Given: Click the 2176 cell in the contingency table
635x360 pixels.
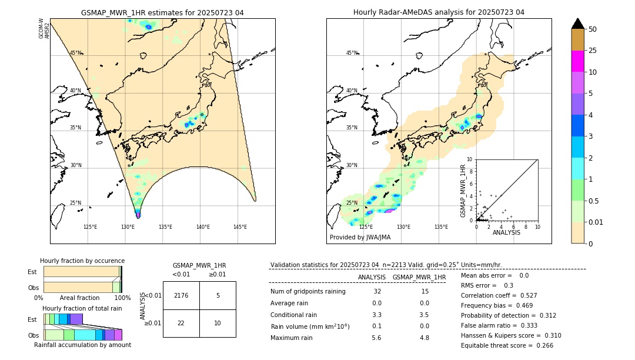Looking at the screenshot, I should coord(181,295).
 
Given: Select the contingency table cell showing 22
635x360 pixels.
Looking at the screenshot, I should coord(181,323).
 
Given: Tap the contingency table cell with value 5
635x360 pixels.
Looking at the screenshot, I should coord(218,295).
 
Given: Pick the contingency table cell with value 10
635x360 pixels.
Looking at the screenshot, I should coord(218,323).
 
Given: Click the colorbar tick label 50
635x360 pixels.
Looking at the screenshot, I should coord(593,29).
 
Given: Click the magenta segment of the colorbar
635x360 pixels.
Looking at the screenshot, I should coord(577,61).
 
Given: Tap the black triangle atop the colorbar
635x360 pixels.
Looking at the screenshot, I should coord(577,24).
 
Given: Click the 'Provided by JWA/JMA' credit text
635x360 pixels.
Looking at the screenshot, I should coord(360,237).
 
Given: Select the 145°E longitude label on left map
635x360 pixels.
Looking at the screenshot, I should coord(240,227).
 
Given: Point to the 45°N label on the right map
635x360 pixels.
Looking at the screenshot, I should coord(352,53).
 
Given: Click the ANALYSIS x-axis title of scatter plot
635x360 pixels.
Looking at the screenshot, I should coord(506,232).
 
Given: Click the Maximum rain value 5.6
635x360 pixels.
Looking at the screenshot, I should coord(376,338).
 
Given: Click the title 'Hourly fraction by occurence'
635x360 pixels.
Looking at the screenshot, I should coord(82,261).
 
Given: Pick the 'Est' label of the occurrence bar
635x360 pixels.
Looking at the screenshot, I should coord(32,272).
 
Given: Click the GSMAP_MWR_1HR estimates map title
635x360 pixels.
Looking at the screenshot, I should coord(162,12).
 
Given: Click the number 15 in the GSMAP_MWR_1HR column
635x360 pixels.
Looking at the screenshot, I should coord(425,292).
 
